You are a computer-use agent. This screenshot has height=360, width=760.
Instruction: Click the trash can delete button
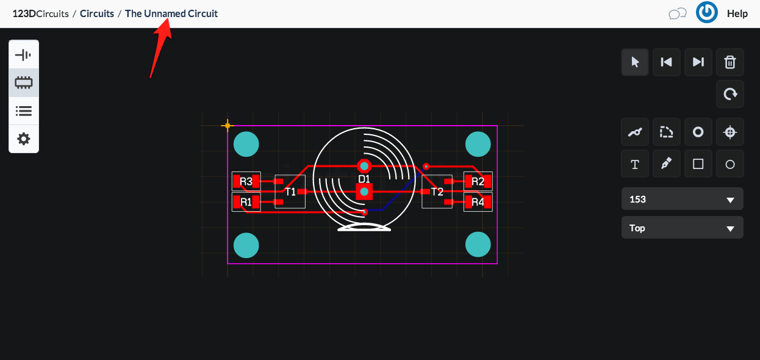[x=730, y=62]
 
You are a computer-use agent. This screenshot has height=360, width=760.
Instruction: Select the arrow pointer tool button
[x=635, y=62]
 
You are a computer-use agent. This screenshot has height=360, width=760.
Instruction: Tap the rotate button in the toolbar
[x=730, y=94]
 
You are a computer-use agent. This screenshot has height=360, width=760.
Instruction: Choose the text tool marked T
[x=635, y=164]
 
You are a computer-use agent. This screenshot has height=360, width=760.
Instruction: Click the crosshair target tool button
[x=730, y=132]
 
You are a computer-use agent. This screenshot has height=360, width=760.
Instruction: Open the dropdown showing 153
[x=683, y=199]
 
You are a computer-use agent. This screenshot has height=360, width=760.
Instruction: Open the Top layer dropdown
[x=683, y=228]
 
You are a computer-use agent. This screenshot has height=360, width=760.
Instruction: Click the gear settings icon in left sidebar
[x=24, y=139]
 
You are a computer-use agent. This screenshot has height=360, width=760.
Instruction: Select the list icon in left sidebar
[x=24, y=111]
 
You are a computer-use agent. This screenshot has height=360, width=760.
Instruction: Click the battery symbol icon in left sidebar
[x=23, y=55]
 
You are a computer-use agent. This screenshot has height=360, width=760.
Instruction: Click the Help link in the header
[x=737, y=13]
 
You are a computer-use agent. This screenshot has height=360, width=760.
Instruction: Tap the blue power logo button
[x=707, y=13]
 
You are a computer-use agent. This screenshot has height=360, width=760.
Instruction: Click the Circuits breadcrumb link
[x=97, y=13]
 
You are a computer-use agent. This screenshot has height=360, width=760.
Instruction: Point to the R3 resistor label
[x=246, y=182]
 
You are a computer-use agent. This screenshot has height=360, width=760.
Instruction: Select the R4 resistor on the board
[x=478, y=202]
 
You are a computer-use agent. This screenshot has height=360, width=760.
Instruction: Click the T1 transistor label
[x=290, y=192]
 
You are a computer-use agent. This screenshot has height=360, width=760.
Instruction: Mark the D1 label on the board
[x=364, y=179]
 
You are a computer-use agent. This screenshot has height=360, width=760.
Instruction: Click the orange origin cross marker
[x=228, y=126]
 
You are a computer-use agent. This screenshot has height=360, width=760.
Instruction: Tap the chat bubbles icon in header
[x=678, y=14]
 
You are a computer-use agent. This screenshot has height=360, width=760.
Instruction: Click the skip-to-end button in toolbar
[x=698, y=62]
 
